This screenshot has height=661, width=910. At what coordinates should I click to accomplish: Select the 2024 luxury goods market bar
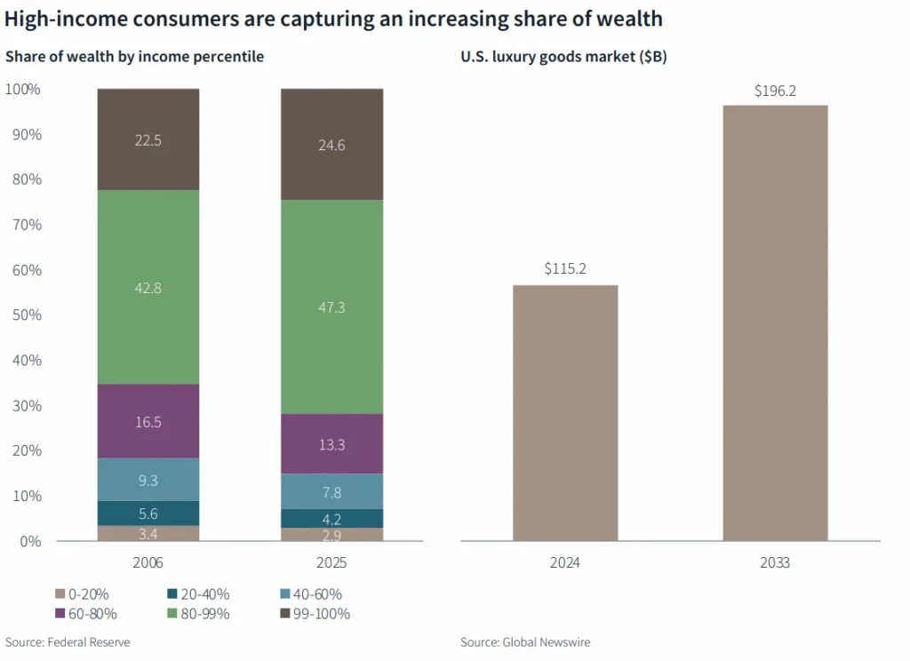(566, 412)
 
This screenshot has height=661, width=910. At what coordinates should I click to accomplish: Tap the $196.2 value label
(775, 91)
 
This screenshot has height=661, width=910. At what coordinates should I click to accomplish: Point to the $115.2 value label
(566, 267)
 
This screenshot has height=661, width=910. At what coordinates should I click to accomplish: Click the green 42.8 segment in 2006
(148, 287)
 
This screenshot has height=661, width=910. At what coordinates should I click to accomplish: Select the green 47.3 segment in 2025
(331, 307)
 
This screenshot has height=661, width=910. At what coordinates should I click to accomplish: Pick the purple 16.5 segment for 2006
(148, 421)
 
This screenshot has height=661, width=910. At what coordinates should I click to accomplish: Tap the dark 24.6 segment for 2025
(331, 145)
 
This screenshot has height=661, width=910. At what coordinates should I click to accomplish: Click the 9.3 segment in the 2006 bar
(148, 480)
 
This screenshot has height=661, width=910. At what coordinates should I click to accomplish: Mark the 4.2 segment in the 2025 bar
(331, 519)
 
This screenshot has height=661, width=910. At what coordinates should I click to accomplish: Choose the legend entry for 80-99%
(201, 613)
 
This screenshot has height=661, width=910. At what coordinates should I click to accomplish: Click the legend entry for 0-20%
(86, 594)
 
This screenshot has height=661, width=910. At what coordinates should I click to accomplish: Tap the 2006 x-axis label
(148, 563)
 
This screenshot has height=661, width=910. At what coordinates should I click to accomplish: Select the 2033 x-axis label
(775, 563)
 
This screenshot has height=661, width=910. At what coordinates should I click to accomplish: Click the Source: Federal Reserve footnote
(68, 642)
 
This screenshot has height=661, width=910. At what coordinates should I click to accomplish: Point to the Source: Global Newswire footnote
(525, 642)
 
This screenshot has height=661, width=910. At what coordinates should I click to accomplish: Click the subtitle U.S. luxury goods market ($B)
(563, 58)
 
